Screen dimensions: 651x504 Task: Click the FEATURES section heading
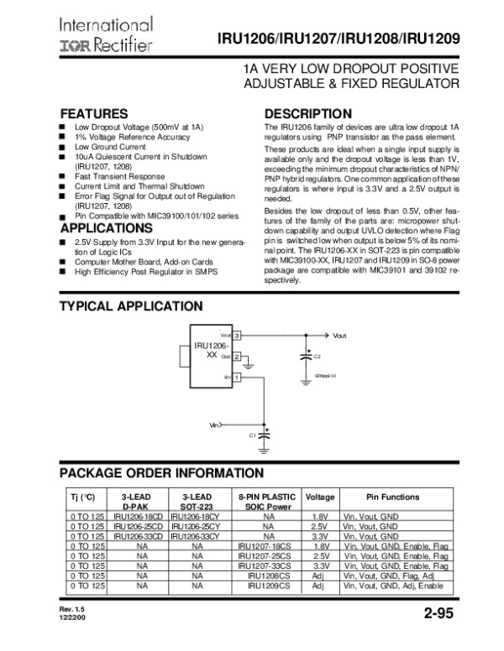click(93, 113)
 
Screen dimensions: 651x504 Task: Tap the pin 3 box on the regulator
click(238, 336)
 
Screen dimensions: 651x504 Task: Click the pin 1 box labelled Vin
click(238, 378)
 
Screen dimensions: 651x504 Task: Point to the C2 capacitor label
click(317, 357)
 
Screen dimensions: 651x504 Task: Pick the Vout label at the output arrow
click(339, 336)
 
